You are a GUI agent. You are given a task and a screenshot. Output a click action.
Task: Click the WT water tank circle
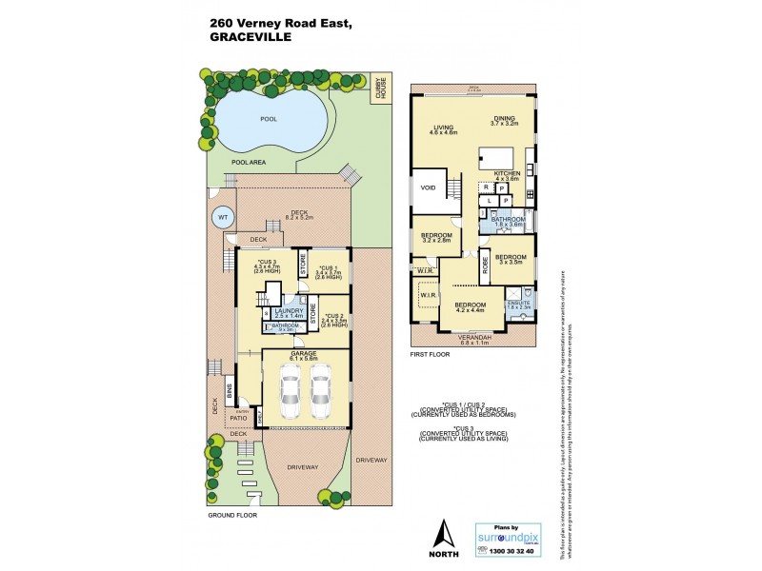coord(221,217)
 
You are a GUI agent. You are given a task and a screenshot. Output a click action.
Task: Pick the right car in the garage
coord(319,390)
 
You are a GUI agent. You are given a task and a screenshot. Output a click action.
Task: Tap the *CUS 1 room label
coord(330,269)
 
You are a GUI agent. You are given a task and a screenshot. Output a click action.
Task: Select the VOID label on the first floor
coord(429,187)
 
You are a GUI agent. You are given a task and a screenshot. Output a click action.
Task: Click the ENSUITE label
coord(517,303)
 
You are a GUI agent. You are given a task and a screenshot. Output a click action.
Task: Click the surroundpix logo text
coord(508,537)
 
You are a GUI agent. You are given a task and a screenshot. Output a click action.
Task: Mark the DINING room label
coord(503,119)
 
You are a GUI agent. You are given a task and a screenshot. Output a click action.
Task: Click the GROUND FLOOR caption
coord(232,514)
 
